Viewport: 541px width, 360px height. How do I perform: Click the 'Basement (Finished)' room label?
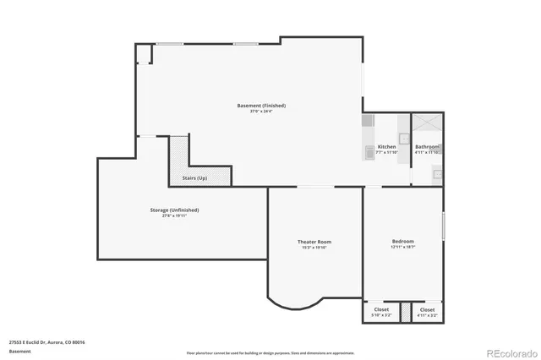(x=261, y=106)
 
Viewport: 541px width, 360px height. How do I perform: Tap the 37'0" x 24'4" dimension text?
(x=261, y=112)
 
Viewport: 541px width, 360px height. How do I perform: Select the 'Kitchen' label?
(x=386, y=147)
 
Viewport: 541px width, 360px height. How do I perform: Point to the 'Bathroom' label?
(x=427, y=147)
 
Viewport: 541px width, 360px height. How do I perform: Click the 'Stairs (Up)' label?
(x=194, y=178)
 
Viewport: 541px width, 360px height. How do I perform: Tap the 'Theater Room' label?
(x=313, y=242)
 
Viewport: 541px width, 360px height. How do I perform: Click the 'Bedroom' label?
(x=402, y=241)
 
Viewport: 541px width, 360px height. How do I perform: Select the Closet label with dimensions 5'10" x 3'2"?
(x=382, y=309)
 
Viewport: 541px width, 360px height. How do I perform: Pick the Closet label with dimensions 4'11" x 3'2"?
(x=428, y=309)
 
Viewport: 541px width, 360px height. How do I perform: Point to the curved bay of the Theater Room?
(x=295, y=299)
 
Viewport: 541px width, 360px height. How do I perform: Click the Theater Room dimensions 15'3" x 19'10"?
(x=313, y=248)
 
